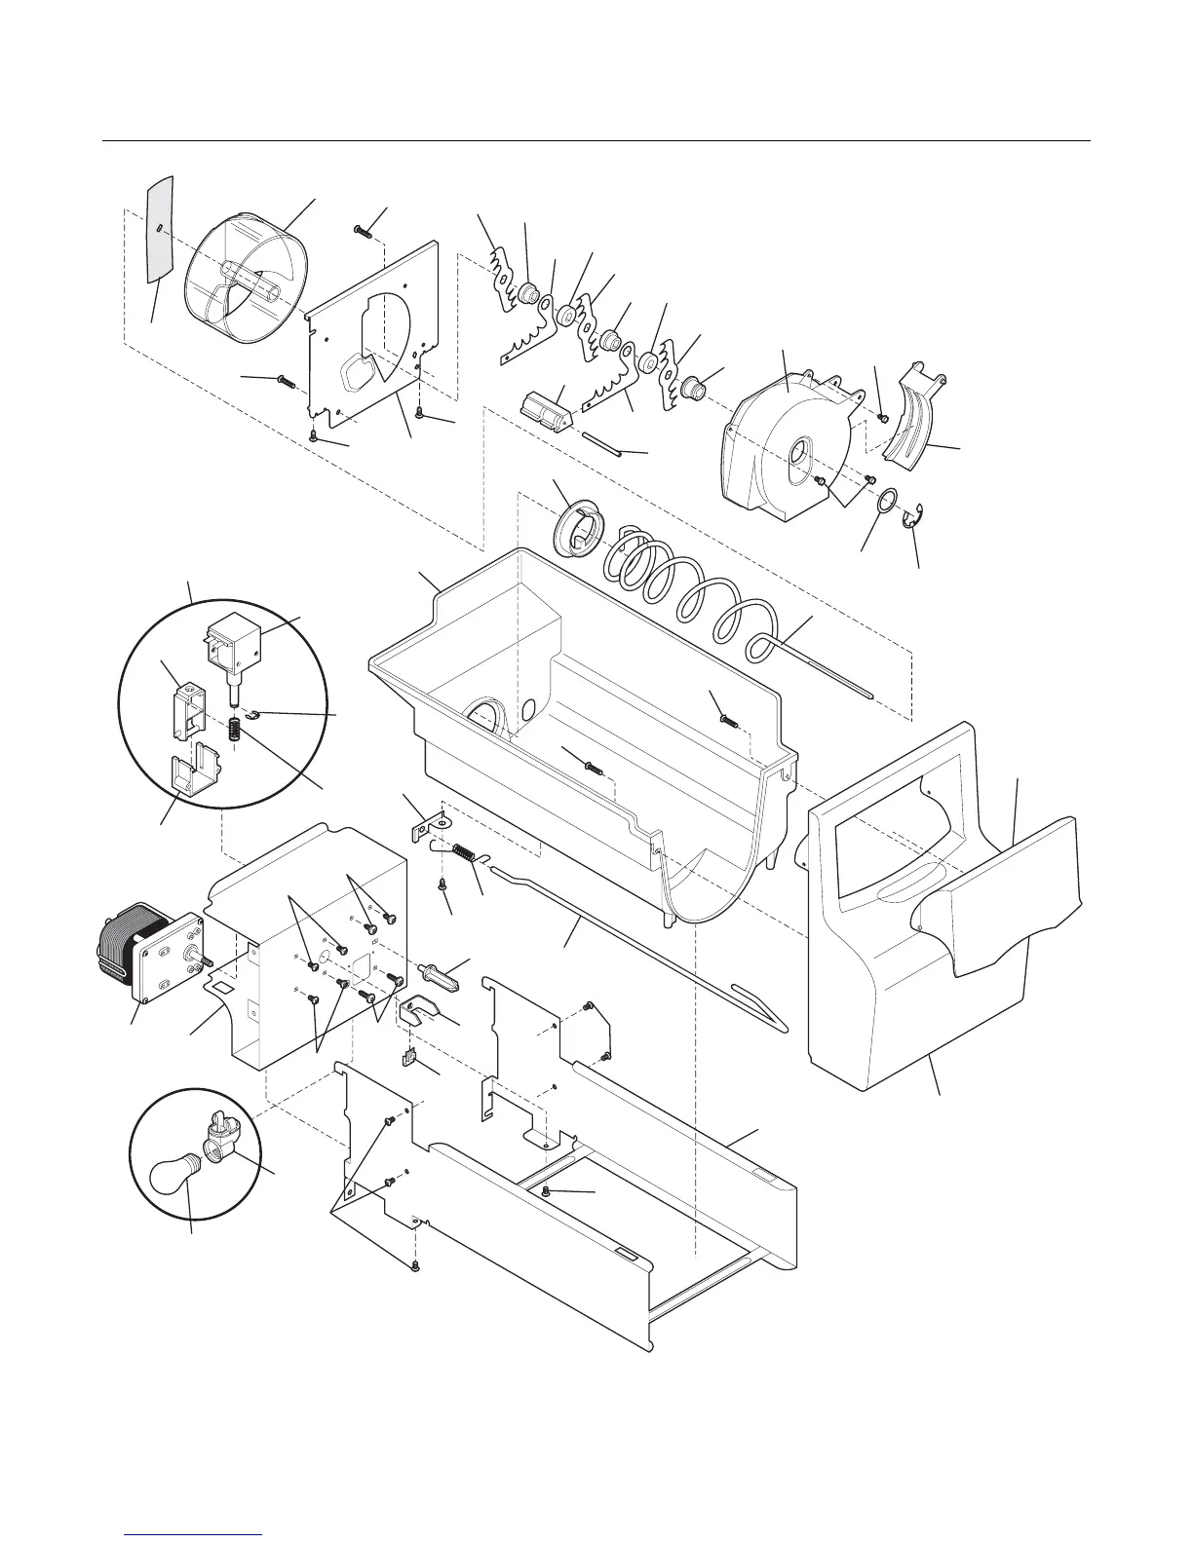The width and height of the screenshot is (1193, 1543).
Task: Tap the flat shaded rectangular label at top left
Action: (157, 230)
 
